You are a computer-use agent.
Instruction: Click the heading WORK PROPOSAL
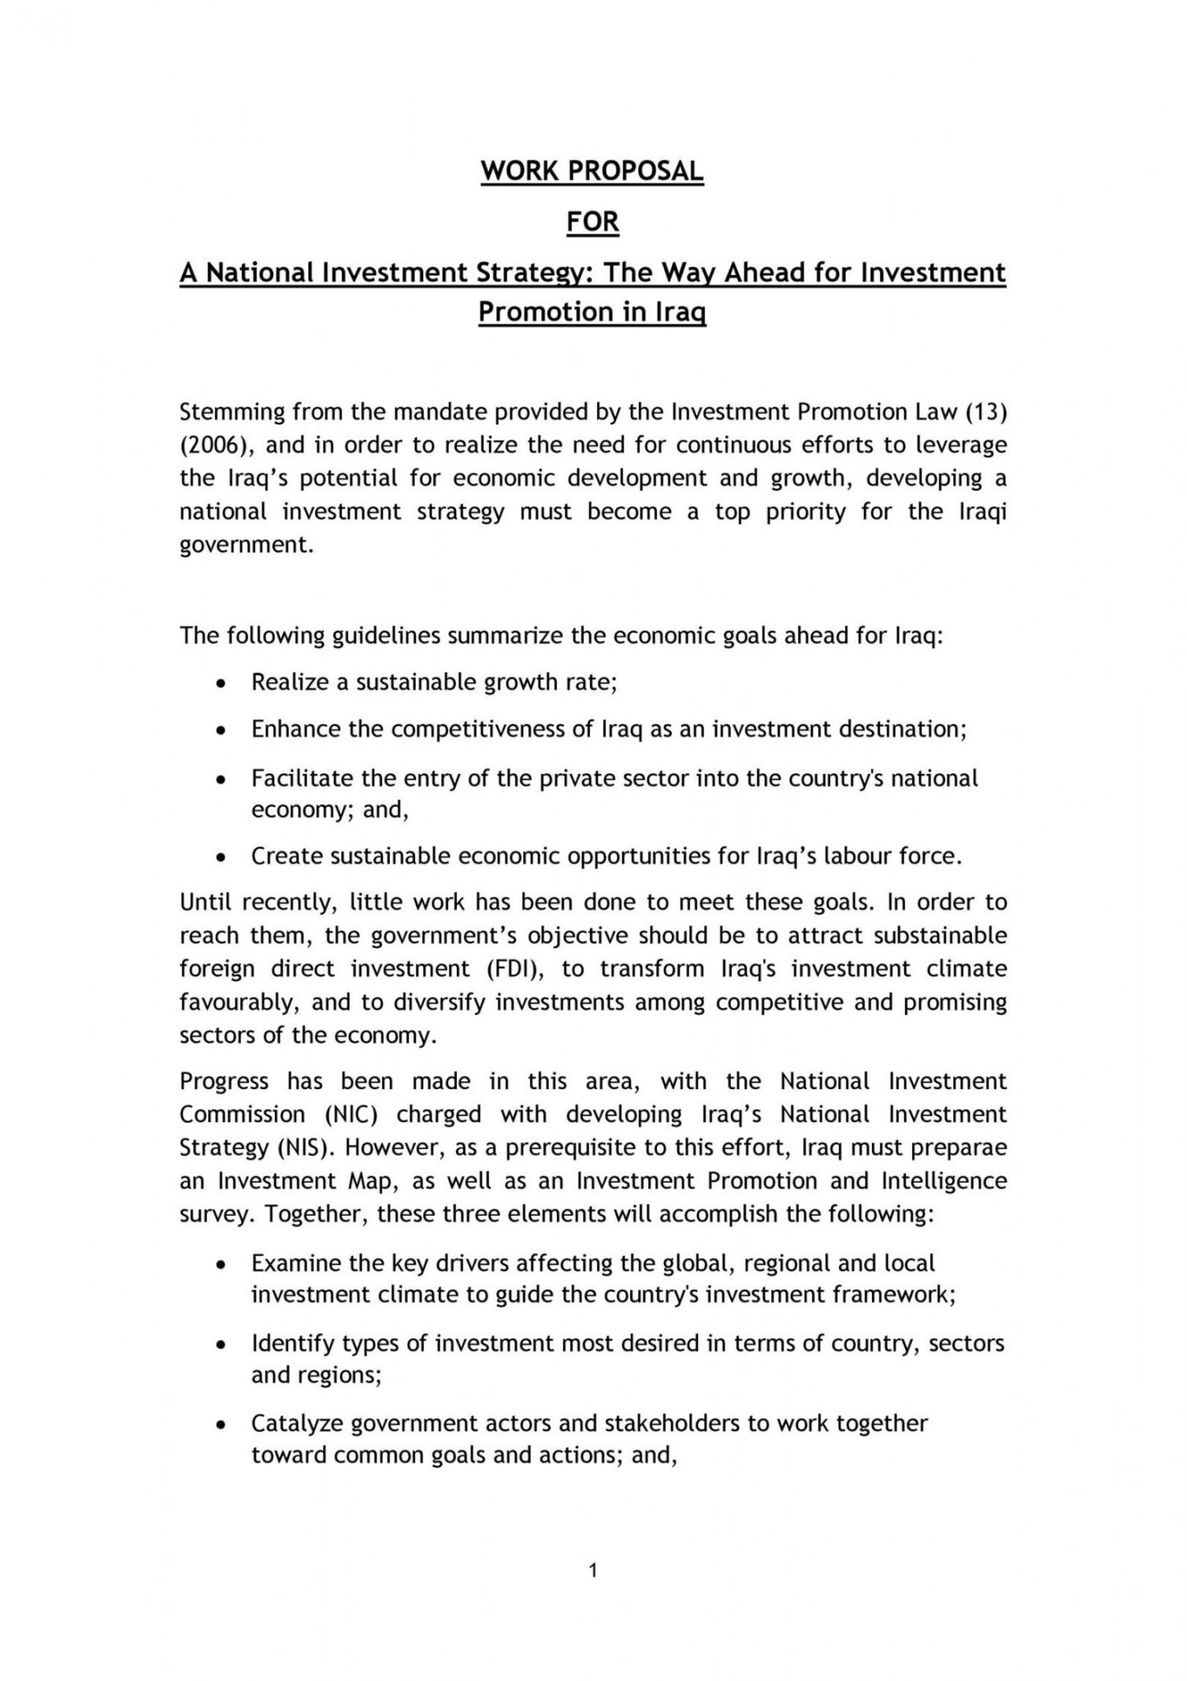point(591,171)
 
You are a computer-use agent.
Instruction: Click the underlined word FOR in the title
point(592,222)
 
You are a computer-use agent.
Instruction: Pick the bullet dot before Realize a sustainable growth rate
point(219,683)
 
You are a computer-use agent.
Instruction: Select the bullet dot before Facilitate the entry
point(219,779)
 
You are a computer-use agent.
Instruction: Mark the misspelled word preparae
point(960,1147)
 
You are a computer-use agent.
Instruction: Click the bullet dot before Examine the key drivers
point(219,1264)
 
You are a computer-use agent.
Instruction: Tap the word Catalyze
point(297,1422)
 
